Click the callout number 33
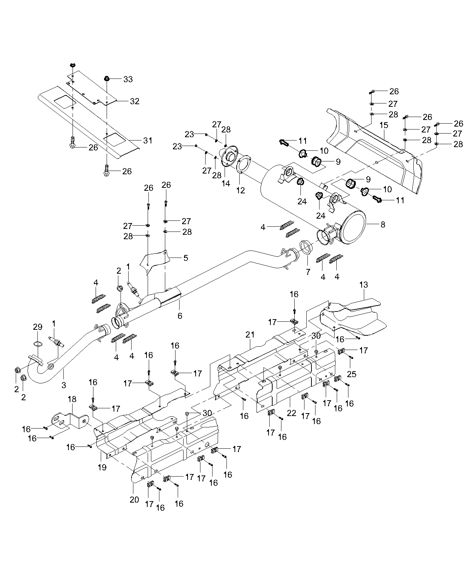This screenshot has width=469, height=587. [x=128, y=79]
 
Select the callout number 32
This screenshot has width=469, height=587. [x=135, y=101]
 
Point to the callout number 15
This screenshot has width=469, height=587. [x=383, y=125]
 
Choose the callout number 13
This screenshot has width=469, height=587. [x=363, y=285]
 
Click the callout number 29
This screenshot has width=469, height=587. [x=38, y=327]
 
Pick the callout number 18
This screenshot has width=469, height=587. [x=73, y=399]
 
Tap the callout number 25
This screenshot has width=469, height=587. [x=351, y=374]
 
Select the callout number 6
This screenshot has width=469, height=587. [x=180, y=316]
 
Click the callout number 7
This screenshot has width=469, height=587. [x=308, y=272]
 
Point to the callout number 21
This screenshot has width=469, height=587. [x=250, y=335]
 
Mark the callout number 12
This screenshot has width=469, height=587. [x=240, y=190]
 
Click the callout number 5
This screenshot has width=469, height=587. [x=186, y=258]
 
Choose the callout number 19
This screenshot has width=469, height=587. [x=102, y=467]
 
